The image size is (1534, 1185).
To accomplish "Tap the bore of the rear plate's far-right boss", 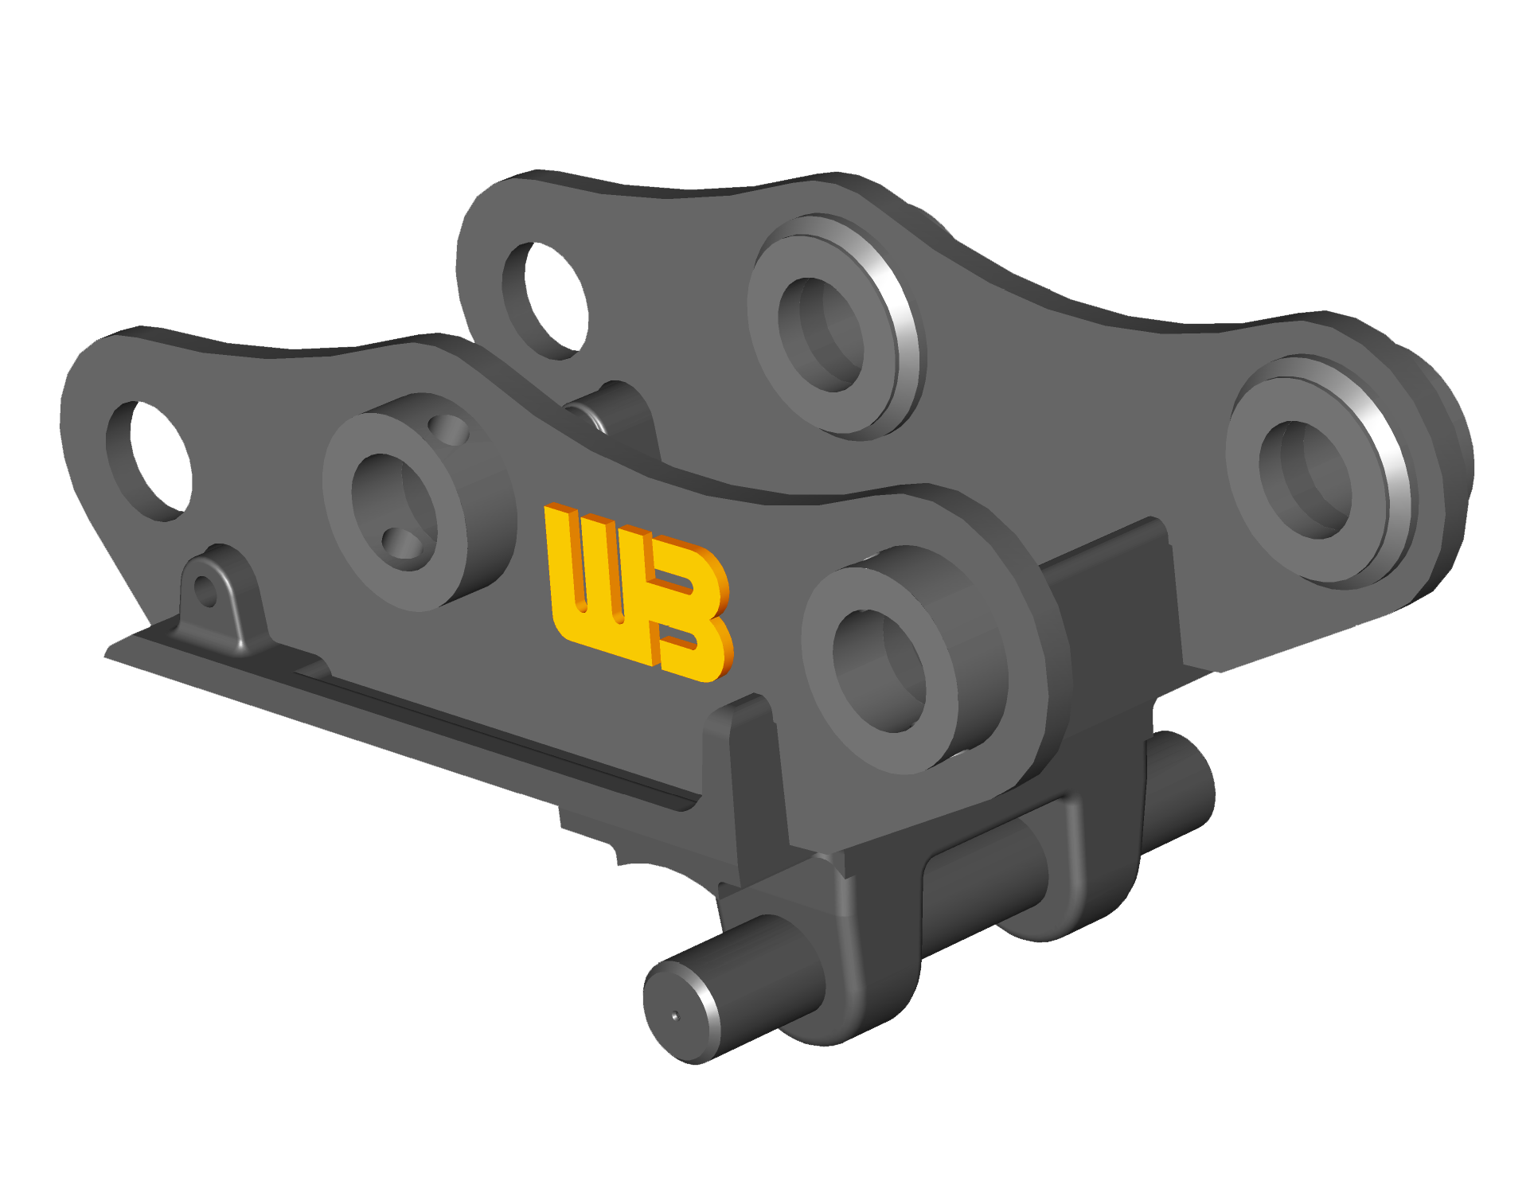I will tap(1306, 479).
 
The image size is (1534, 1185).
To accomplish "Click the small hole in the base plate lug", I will tap(205, 591).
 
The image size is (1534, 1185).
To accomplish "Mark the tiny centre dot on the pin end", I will tap(675, 1015).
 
